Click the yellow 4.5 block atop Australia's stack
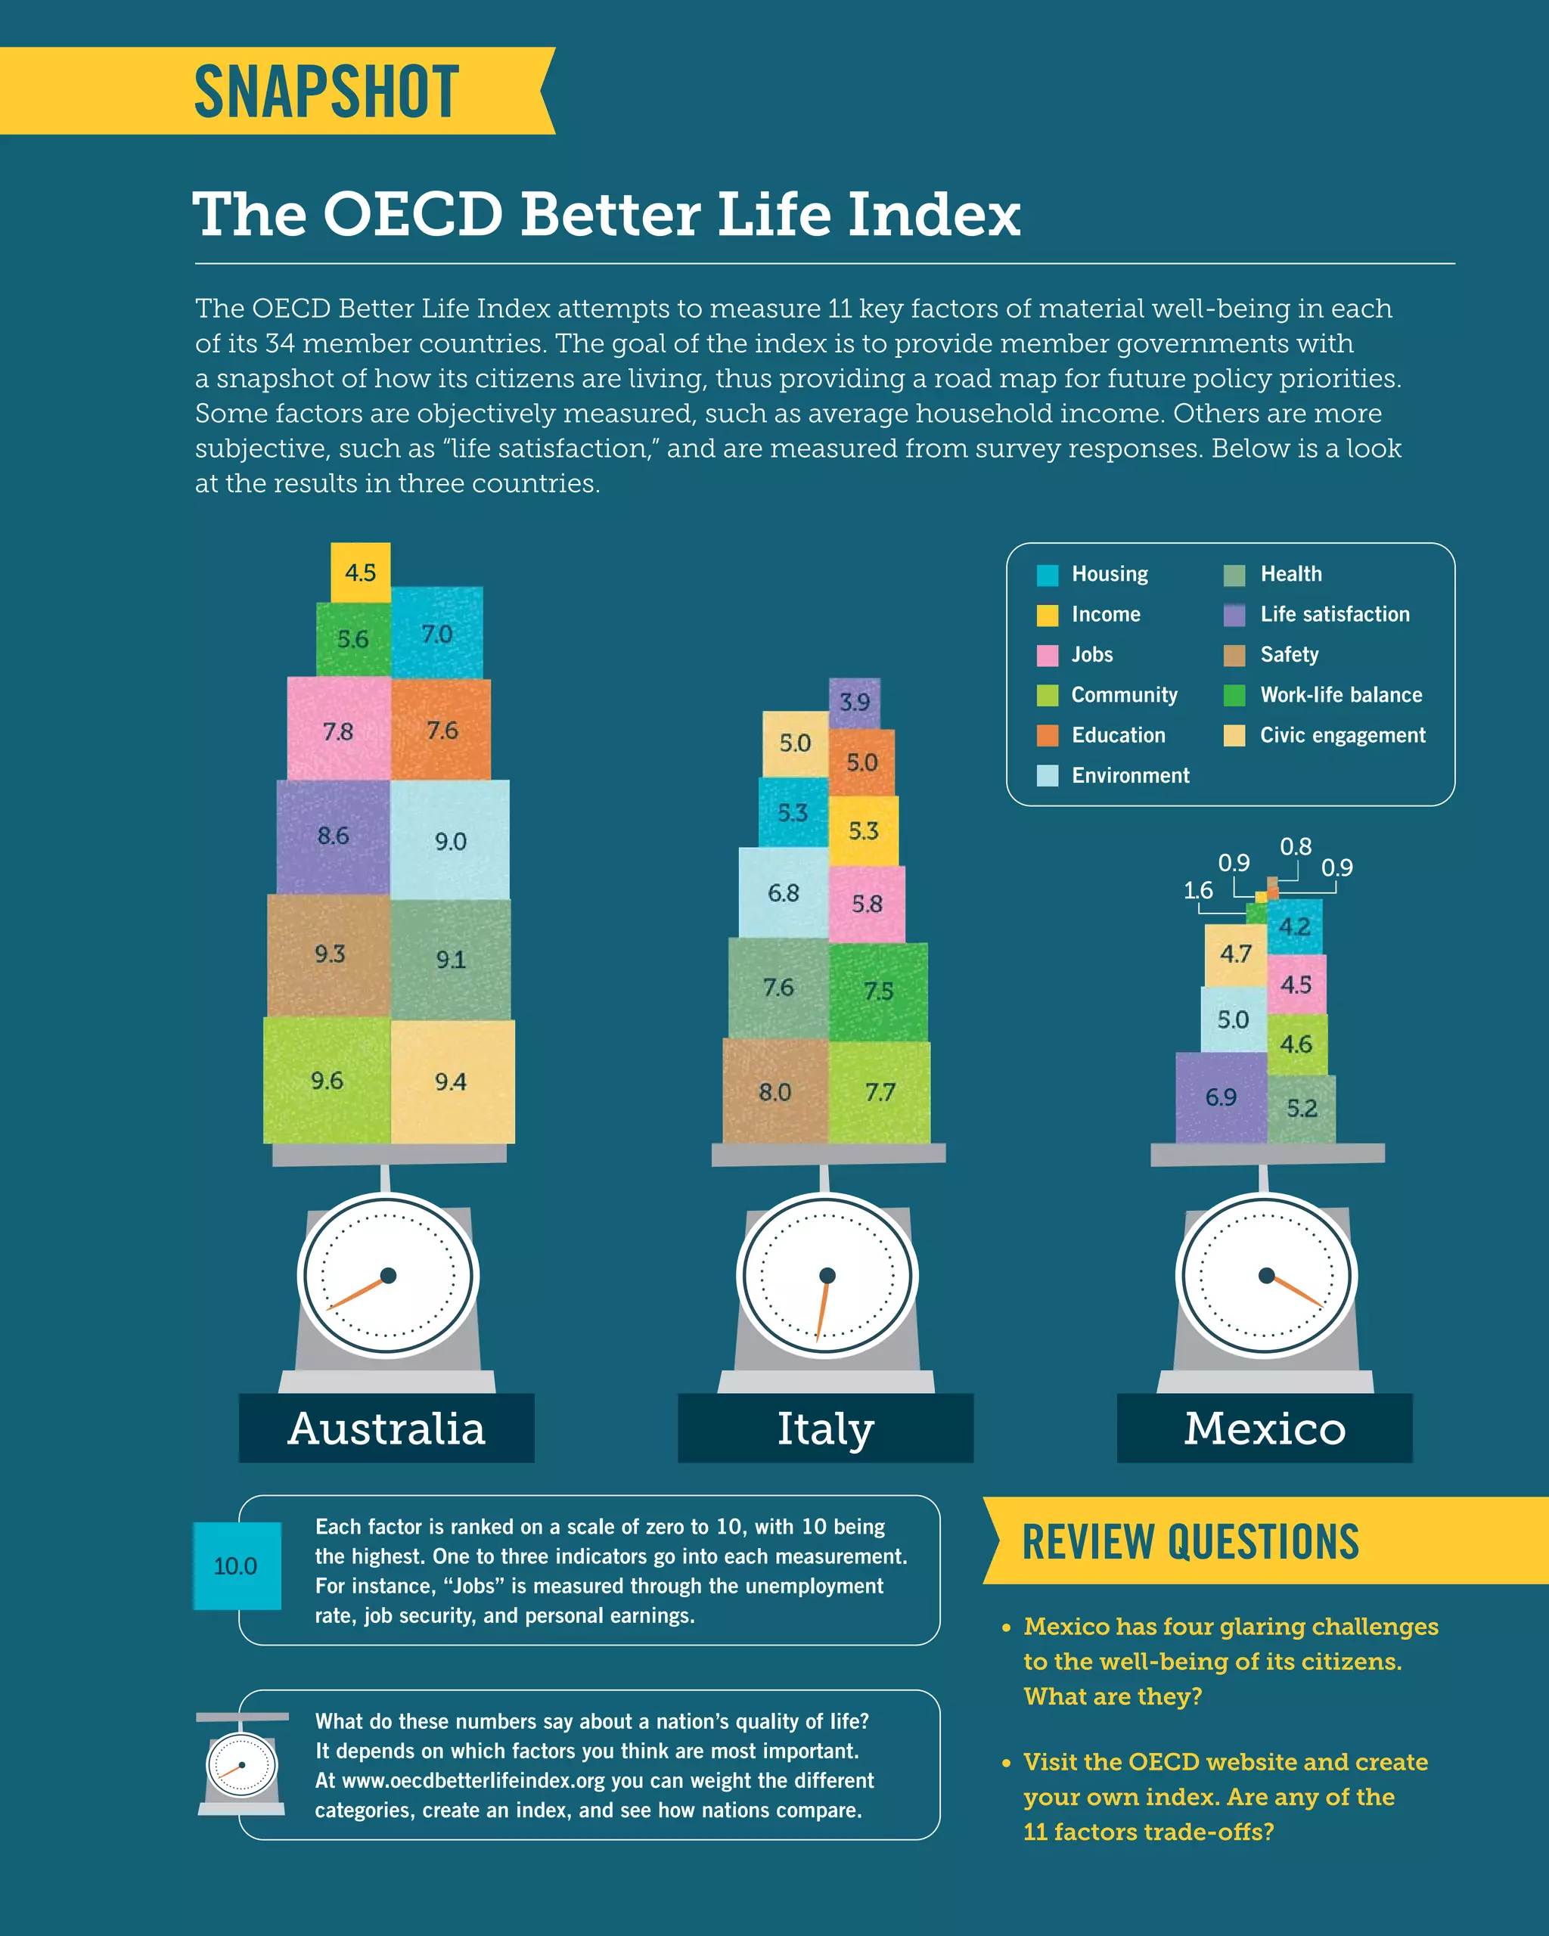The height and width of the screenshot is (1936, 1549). point(360,572)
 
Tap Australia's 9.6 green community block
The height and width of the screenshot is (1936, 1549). point(327,1079)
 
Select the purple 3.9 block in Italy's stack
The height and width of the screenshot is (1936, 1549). point(854,703)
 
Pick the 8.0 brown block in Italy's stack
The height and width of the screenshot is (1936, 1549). point(775,1091)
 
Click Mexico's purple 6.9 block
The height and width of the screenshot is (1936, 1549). point(1220,1097)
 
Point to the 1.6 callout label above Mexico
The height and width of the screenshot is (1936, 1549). point(1198,890)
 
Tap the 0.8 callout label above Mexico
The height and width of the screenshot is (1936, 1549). point(1295,847)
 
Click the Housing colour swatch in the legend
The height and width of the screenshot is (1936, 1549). point(1047,575)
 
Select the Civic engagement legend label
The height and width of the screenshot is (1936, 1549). point(1342,735)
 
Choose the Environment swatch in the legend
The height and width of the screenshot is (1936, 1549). point(1047,776)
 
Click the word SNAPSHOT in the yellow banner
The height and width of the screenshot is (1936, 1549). point(327,92)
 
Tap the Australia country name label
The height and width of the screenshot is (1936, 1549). point(386,1428)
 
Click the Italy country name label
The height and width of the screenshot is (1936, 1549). point(825,1428)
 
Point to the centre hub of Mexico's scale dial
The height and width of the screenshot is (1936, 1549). point(1266,1275)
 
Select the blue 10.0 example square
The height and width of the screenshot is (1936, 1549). point(237,1565)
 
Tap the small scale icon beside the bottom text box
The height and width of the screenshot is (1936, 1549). point(241,1763)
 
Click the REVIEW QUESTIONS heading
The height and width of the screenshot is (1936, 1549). point(1190,1542)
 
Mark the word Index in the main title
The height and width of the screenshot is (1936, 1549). point(934,215)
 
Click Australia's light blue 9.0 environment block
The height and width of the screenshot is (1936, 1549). point(450,840)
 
